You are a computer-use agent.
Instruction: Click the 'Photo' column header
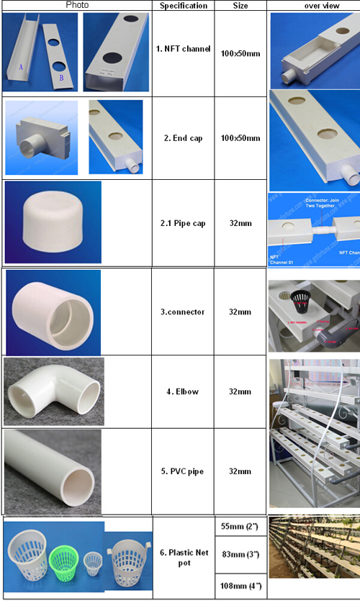[x=76, y=5]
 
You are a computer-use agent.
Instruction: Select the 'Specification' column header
[x=184, y=6]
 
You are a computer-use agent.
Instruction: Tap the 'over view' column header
[x=312, y=6]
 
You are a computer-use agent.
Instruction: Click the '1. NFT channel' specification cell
[x=184, y=50]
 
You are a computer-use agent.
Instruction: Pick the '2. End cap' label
[x=184, y=137]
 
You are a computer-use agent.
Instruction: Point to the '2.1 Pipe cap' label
[x=184, y=224]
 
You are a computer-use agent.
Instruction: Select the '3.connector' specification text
[x=184, y=312]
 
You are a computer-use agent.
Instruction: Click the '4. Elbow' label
[x=184, y=392]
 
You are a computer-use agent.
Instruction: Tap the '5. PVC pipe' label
[x=184, y=471]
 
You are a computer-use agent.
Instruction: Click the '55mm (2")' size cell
[x=240, y=527]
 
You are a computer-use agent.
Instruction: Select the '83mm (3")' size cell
[x=240, y=556]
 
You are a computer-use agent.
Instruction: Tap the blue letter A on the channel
[x=21, y=67]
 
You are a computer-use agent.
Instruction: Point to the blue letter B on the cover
[x=60, y=78]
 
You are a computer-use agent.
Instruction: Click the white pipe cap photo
[x=53, y=223]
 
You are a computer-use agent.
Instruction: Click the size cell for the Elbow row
[x=240, y=392]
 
